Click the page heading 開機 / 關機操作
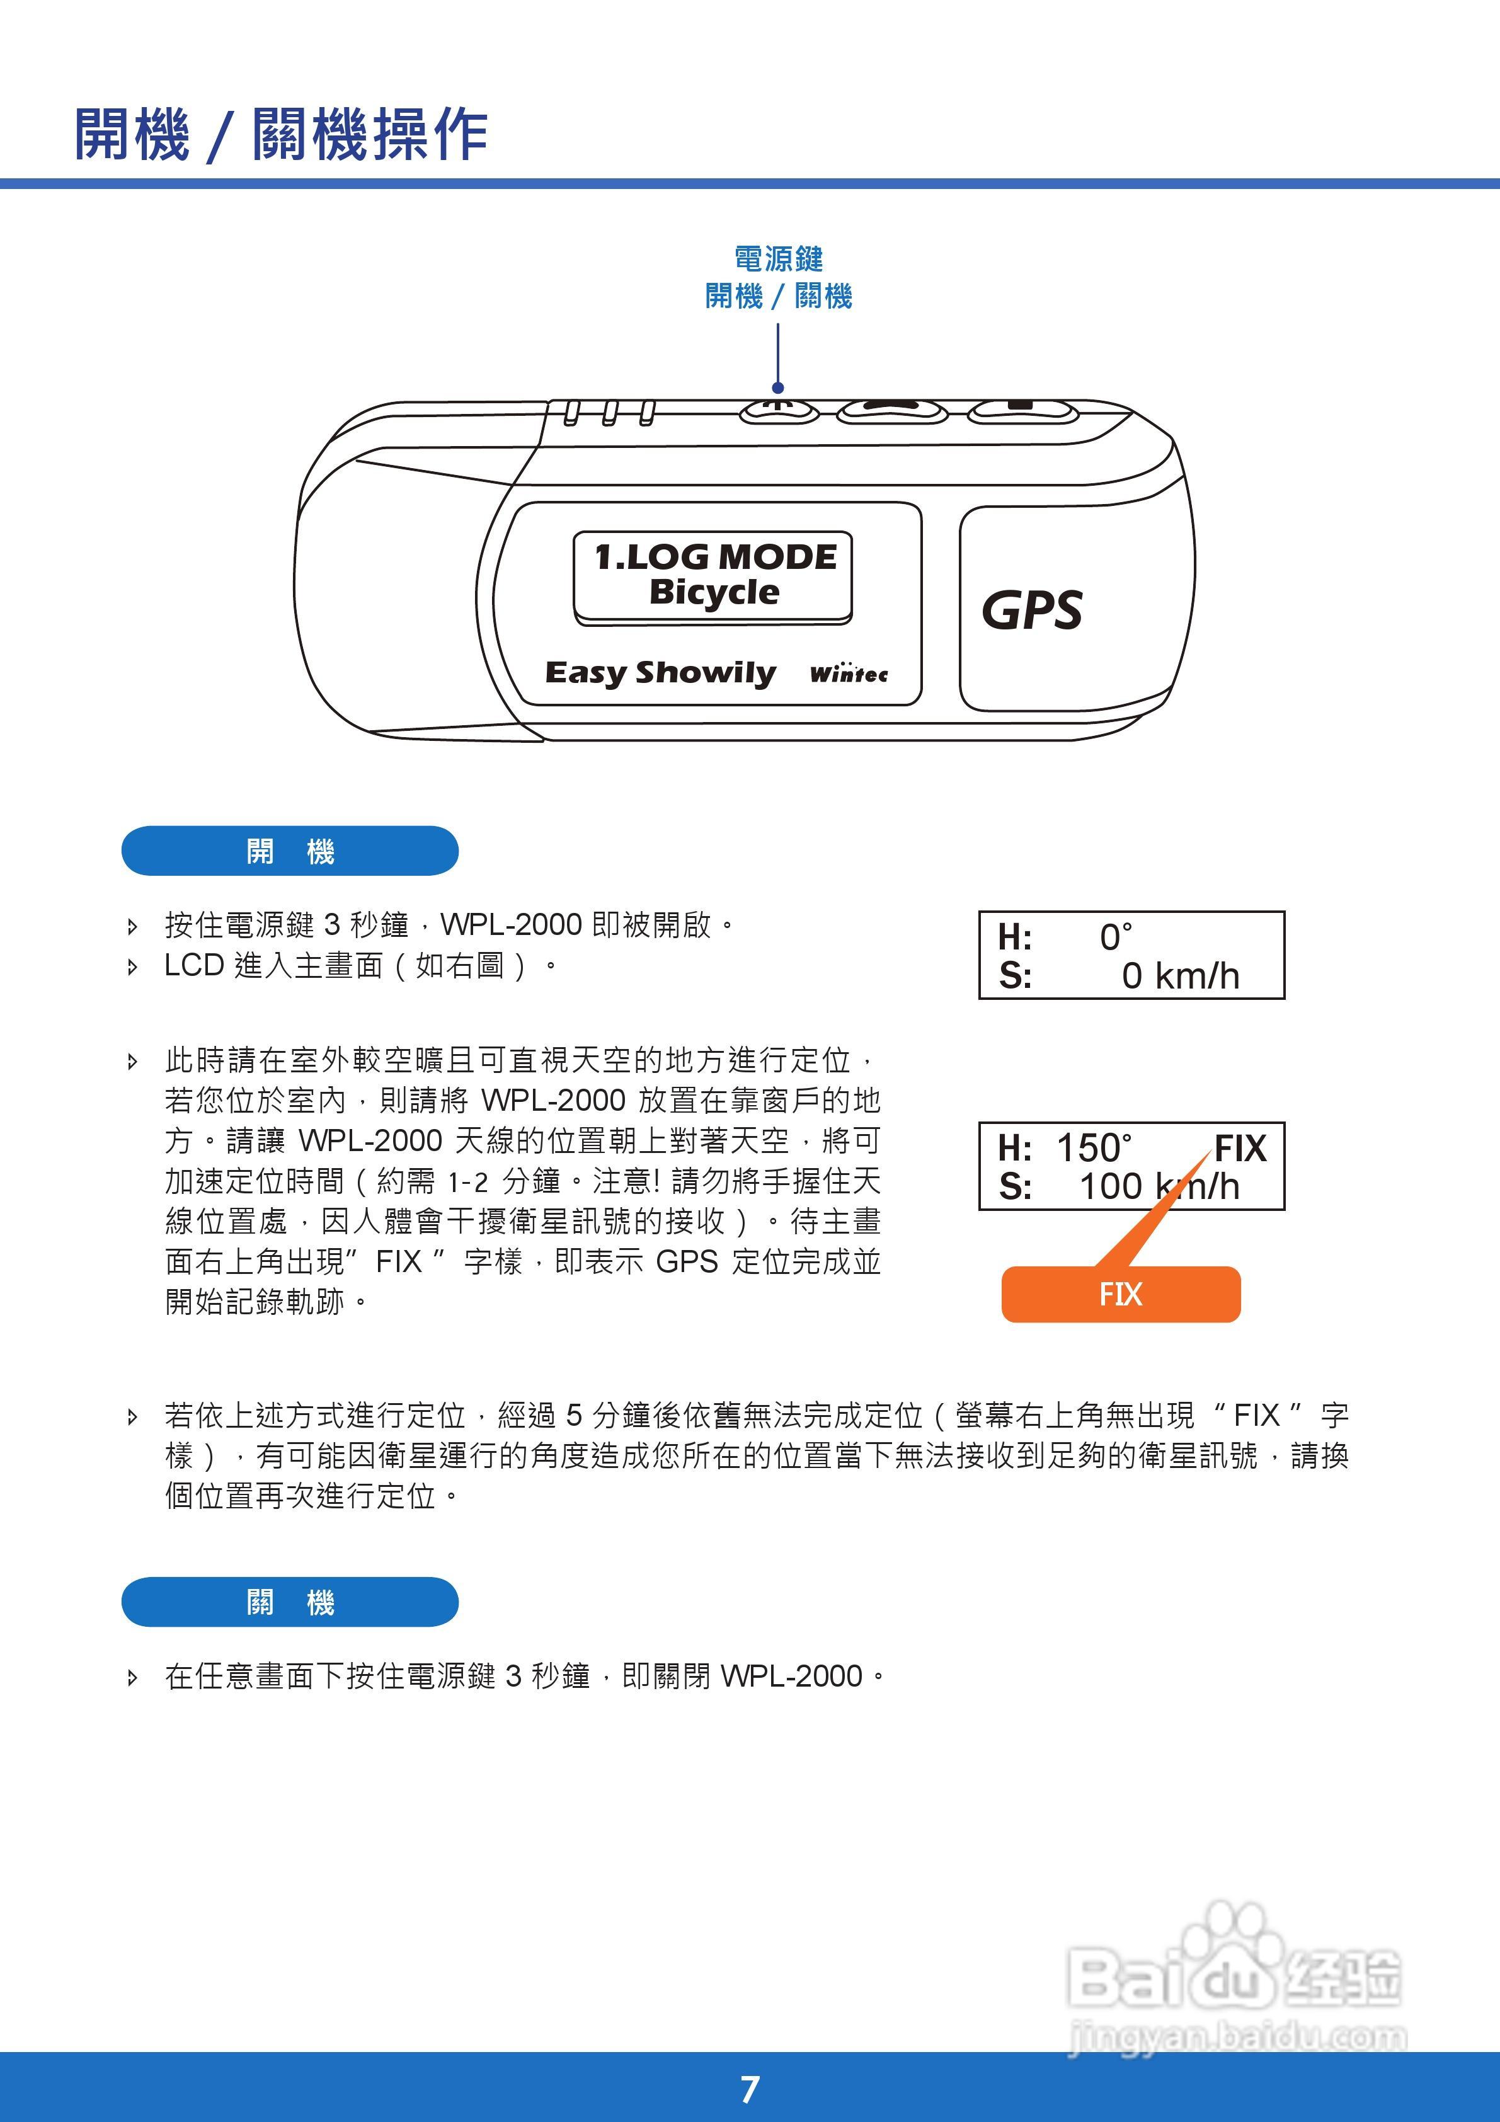tap(281, 134)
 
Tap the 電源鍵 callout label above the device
tap(778, 259)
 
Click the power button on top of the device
tap(779, 410)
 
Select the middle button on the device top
tap(892, 410)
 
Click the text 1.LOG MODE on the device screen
tap(714, 556)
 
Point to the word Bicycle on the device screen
tap(714, 592)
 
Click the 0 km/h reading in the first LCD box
tap(1179, 975)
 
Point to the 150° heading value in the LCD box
tap(1094, 1148)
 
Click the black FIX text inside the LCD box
tap(1239, 1148)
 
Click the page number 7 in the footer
tap(750, 2089)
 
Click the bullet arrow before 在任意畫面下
tap(132, 1677)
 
